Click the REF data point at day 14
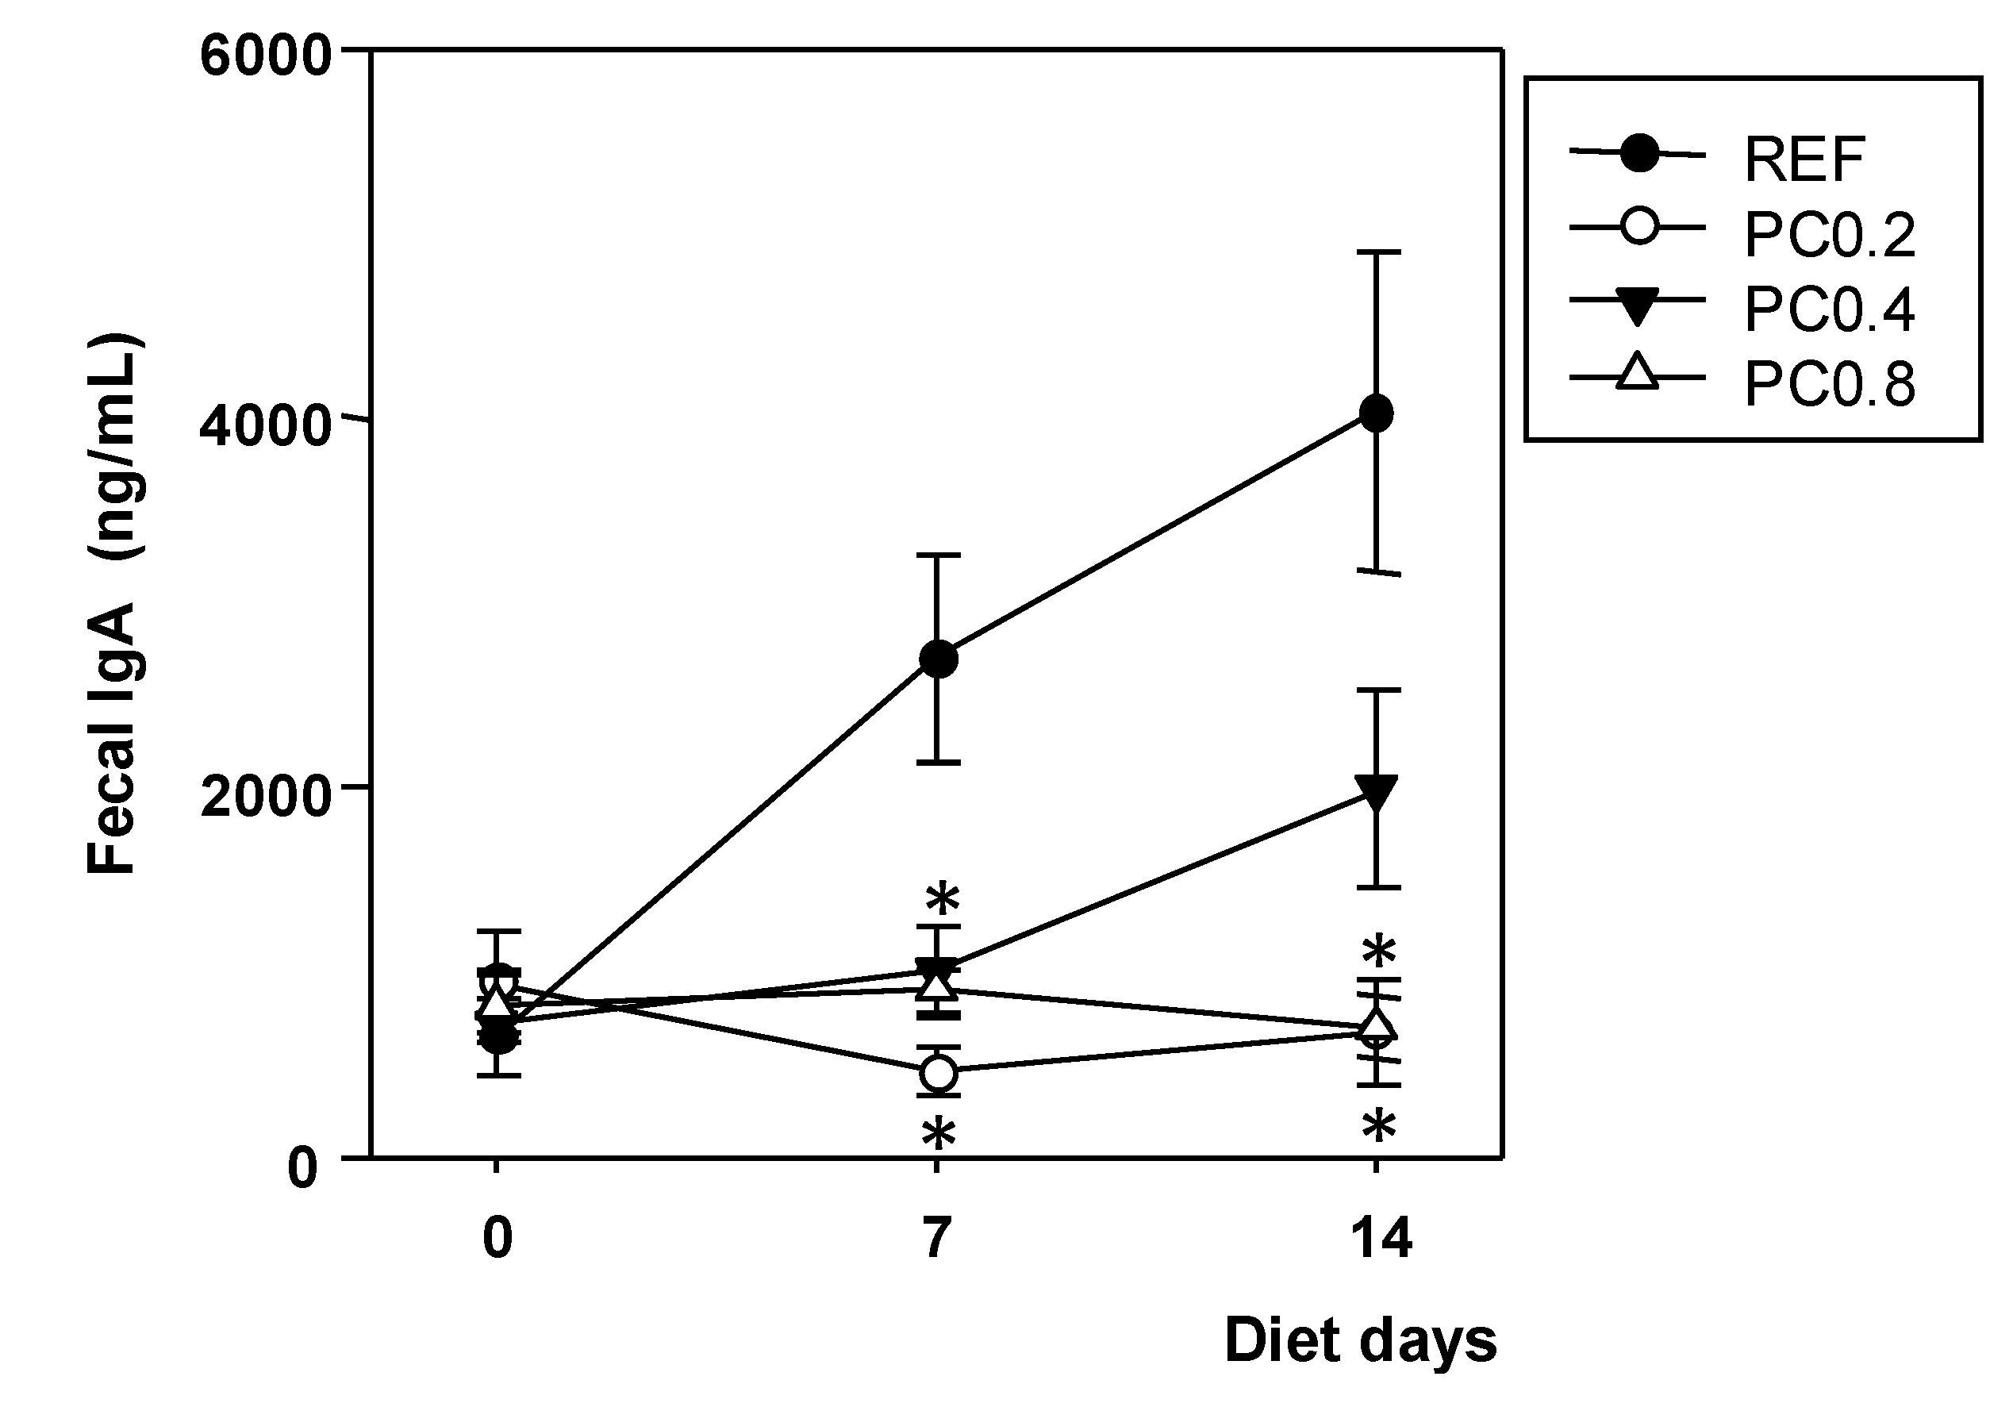[x=1377, y=413]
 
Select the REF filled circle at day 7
[x=938, y=659]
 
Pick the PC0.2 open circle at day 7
[x=938, y=1073]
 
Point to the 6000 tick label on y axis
[x=265, y=57]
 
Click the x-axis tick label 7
[x=937, y=1239]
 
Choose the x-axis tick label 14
[x=1380, y=1239]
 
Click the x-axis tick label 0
[x=497, y=1239]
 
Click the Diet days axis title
[x=1360, y=1340]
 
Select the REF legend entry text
[x=1804, y=160]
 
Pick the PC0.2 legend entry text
[x=1829, y=235]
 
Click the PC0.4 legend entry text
[x=1829, y=309]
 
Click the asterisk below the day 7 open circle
[x=938, y=1133]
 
